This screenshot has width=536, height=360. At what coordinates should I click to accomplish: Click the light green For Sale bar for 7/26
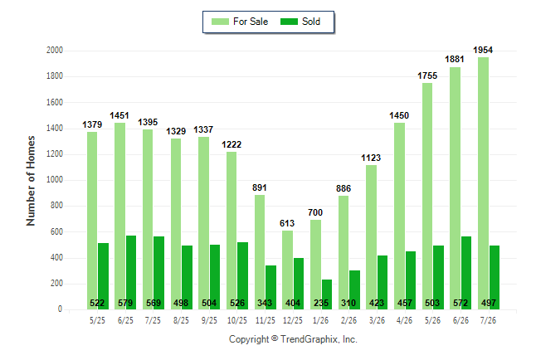tap(484, 183)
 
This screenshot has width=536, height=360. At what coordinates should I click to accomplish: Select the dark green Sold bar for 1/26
tap(327, 294)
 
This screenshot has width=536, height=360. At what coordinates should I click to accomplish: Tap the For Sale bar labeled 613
tap(287, 270)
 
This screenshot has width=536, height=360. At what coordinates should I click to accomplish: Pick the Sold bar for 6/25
tap(131, 272)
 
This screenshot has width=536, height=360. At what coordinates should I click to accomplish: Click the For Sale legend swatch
tap(220, 22)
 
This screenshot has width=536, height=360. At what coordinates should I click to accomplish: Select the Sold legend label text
tap(311, 22)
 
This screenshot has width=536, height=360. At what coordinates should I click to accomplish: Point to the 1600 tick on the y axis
tap(55, 102)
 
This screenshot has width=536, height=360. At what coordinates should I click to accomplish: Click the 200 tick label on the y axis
tap(56, 284)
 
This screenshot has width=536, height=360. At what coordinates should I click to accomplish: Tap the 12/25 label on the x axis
tap(293, 320)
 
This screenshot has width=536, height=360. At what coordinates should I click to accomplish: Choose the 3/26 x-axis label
tap(377, 320)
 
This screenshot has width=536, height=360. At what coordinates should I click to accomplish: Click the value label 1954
tap(483, 50)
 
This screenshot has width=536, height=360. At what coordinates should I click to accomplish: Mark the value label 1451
tap(119, 115)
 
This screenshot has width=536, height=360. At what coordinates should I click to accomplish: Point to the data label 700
tap(315, 212)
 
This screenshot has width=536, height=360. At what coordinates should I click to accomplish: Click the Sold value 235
tap(321, 303)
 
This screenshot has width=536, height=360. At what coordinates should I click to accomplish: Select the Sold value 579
tap(125, 303)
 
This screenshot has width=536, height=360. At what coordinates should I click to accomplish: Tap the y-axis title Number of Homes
tap(31, 181)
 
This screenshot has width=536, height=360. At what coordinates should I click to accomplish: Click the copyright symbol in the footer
tap(275, 338)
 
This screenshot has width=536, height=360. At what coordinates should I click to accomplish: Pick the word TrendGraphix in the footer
tap(309, 339)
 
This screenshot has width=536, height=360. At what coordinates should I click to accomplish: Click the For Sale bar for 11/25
tap(260, 252)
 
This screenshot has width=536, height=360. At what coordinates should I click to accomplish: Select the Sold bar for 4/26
tap(411, 280)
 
